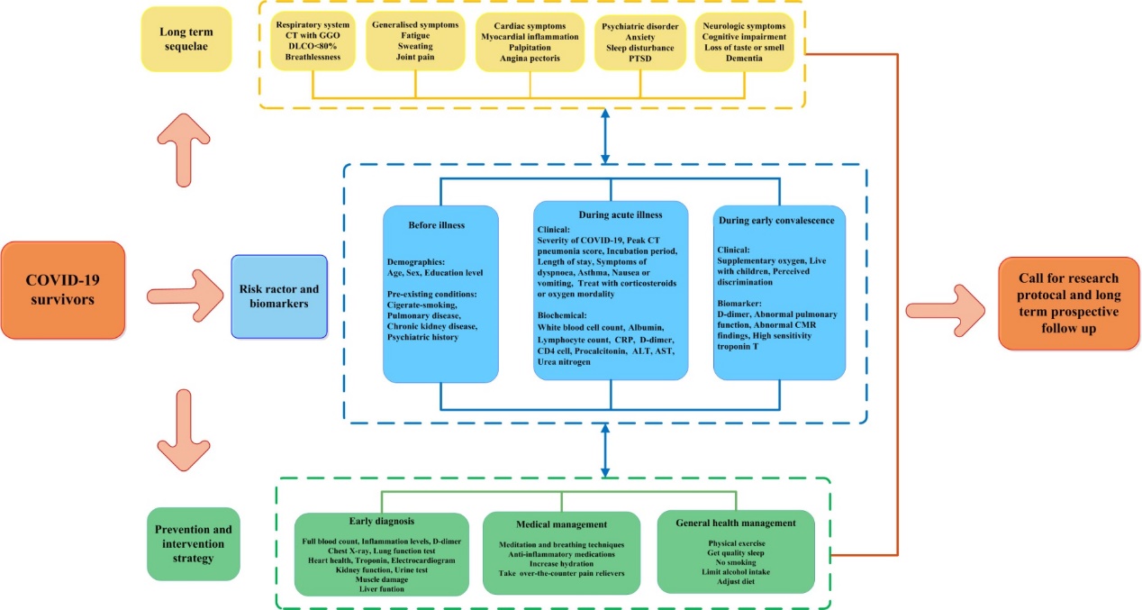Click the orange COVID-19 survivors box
coord(63,290)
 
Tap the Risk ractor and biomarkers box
coord(278,296)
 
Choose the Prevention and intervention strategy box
coord(194,545)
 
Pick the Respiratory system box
coord(312,39)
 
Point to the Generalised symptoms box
coord(415,39)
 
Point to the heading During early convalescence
coord(775,220)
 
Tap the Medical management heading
coord(561,524)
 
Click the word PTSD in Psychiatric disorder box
coord(640,58)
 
